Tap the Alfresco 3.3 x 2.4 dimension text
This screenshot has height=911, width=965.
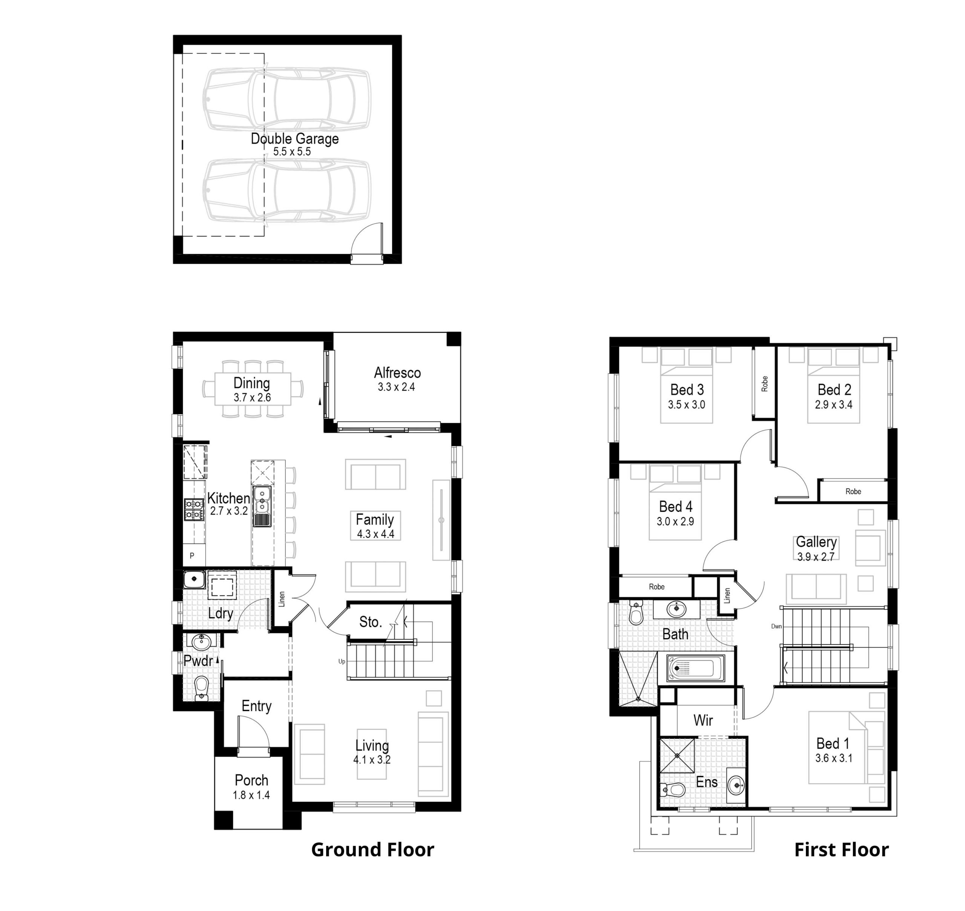396,387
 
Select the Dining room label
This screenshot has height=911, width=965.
251,383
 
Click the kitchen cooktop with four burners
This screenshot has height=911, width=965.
193,510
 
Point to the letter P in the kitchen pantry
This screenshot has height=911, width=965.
192,555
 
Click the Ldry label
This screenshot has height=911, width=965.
221,614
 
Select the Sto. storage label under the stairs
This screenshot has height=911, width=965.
371,622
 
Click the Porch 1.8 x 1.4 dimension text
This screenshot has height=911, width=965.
251,795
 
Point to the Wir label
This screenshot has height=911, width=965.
703,720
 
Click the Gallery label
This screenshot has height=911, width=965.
816,542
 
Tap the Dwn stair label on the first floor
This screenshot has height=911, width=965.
776,626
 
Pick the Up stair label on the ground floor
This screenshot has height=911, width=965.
342,661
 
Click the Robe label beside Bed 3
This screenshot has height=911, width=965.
764,384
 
